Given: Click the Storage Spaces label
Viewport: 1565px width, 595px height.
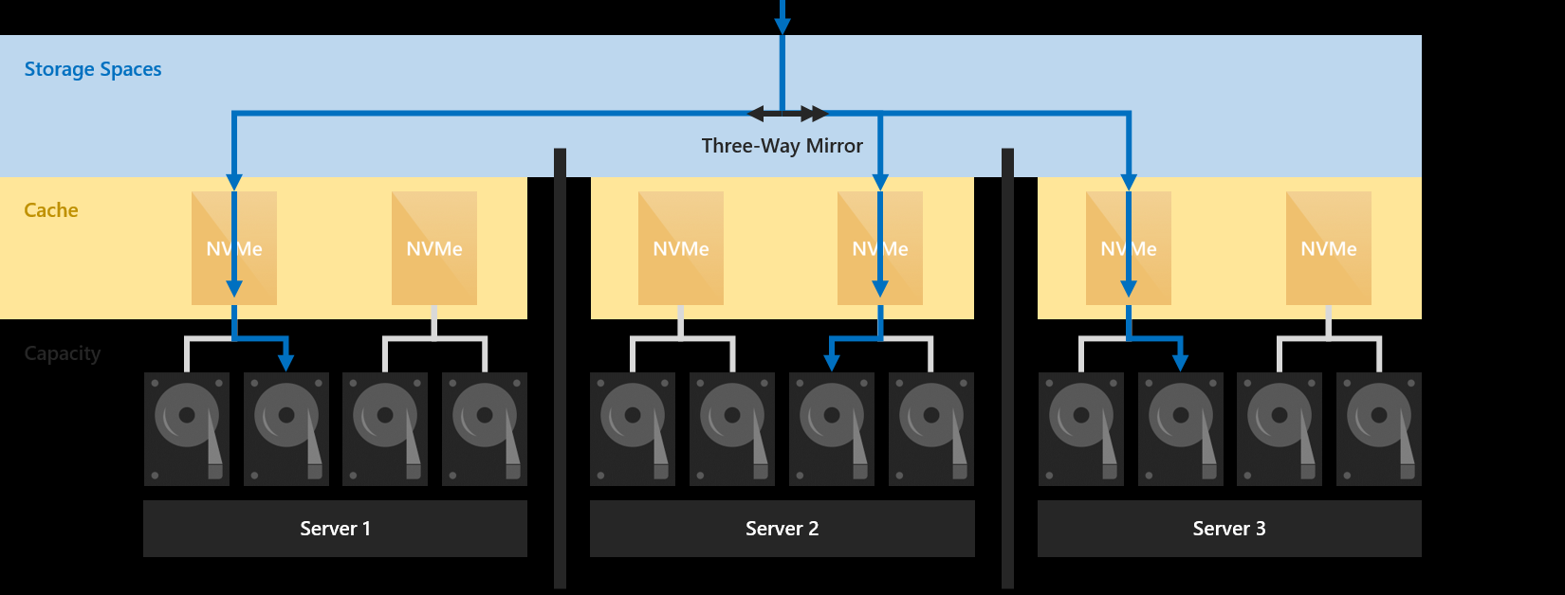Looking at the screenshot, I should click(93, 69).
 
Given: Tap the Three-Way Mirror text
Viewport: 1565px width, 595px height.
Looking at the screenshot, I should click(782, 146).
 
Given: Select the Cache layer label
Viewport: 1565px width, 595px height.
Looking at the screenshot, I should click(51, 210).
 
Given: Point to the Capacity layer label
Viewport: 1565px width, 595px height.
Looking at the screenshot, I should click(63, 353).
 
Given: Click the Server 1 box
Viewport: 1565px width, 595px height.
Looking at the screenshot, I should click(335, 529).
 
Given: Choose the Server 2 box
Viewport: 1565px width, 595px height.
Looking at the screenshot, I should click(782, 529).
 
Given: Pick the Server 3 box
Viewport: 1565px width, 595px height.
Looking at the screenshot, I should click(1228, 529).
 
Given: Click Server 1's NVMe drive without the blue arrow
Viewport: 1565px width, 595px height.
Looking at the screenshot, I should click(434, 248).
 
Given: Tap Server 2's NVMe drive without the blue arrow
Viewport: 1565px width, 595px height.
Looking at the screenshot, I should click(681, 248).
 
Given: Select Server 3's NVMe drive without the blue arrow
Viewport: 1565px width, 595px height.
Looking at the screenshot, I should click(1328, 248).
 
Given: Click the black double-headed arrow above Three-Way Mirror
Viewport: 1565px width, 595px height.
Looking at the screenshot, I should click(787, 115).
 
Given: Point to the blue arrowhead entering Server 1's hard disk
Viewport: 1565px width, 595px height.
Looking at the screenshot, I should click(285, 363).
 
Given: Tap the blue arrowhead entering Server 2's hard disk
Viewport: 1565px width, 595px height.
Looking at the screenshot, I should click(832, 363).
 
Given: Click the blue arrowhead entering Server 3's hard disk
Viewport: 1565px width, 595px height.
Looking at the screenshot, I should click(1180, 363).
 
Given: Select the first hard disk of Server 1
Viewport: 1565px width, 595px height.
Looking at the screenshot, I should click(187, 428).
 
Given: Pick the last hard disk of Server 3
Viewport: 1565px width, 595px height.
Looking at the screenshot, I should click(1378, 428).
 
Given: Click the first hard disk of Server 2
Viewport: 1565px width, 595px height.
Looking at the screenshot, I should click(633, 428).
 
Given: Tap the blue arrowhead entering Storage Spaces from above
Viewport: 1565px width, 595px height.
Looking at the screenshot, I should click(782, 27).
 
